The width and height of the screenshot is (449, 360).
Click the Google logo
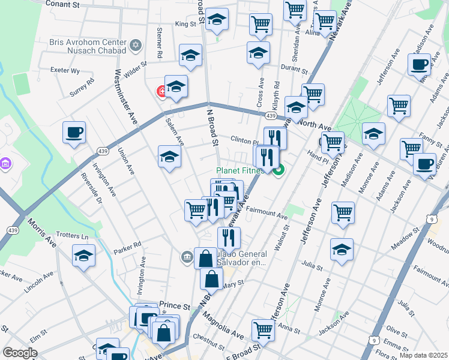20,353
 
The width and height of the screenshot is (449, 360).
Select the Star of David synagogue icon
136,45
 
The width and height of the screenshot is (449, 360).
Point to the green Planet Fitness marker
279,171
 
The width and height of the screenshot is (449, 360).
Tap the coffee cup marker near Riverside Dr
74,132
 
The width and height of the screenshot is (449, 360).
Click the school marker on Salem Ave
170,157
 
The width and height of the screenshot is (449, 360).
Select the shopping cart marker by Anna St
263,329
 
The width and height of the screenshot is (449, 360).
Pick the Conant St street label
62,4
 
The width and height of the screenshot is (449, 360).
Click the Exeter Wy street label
65,70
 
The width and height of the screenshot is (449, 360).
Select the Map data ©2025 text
423,355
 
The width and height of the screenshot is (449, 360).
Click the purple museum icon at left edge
5,164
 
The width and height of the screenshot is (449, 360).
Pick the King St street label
185,24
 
